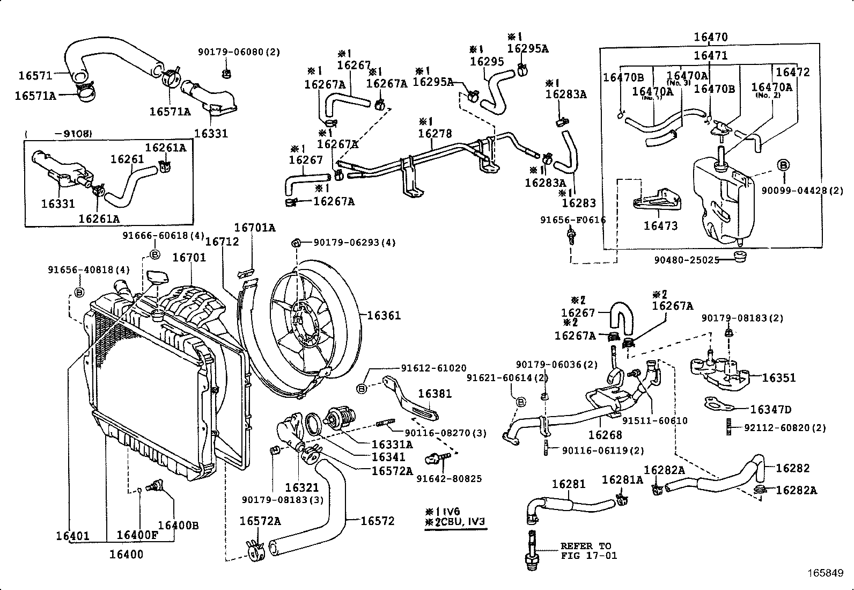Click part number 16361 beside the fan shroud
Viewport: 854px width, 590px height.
[x=384, y=315]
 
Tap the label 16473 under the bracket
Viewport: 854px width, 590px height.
[x=660, y=225]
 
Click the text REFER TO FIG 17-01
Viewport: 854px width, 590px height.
[x=588, y=550]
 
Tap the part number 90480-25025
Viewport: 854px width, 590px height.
[x=686, y=260]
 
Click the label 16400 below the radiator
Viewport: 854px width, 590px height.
[x=127, y=554]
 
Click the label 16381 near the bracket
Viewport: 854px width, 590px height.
[x=435, y=394]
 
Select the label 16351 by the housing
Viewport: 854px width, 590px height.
[x=778, y=377]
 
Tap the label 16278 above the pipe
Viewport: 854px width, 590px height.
[x=435, y=133]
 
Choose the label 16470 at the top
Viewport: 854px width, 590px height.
[x=710, y=37]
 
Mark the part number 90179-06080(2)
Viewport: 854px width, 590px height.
[x=239, y=52]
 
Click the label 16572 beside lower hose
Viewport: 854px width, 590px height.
[x=377, y=520]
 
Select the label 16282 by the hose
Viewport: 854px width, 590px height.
[x=792, y=468]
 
